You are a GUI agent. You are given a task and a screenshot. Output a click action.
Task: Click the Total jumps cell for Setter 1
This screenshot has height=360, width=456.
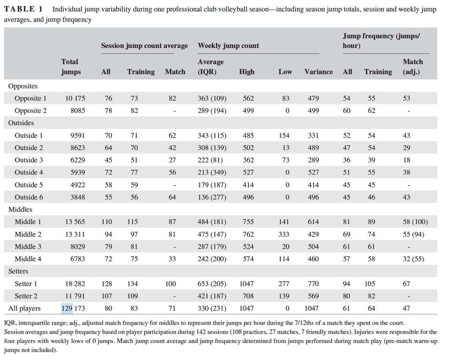pos(75,284)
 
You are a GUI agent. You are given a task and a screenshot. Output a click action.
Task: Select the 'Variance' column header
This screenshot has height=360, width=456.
pos(318,72)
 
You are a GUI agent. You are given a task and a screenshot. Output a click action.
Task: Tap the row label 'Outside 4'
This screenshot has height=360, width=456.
pos(29,172)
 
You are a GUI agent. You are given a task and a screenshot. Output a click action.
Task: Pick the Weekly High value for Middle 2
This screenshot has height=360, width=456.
pos(248,234)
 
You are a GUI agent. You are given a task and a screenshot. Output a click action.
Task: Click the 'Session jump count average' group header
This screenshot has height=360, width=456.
pos(144,46)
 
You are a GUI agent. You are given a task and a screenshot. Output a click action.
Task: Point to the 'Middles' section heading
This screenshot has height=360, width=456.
pos(21,209)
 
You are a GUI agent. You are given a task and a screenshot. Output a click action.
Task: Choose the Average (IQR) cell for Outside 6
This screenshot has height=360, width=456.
pos(212,197)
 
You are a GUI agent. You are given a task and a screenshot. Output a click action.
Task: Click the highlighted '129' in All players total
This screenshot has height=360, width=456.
pos(67,308)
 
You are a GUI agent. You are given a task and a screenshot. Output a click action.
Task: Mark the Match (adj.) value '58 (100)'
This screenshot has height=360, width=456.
pos(415,222)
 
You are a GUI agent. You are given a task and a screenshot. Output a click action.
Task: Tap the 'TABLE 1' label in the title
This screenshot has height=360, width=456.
pos(24,9)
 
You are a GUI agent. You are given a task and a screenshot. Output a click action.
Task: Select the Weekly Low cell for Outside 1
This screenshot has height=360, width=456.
pos(284,135)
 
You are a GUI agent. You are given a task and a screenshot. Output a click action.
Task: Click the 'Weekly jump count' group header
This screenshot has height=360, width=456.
pos(228,46)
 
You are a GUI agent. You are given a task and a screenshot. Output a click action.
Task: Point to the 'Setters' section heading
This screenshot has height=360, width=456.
pos(18,271)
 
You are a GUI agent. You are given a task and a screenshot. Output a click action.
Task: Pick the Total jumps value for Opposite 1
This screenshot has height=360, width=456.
pos(75,98)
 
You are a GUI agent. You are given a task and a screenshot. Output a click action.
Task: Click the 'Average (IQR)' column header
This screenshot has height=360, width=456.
pos(211,67)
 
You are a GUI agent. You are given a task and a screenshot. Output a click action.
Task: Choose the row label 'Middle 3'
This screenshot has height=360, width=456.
pos(28,247)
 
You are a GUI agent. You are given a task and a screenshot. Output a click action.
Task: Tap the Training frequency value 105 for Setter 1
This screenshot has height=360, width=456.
pos(370,284)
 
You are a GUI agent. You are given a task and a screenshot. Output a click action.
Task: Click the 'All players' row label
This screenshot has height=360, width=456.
pos(24,308)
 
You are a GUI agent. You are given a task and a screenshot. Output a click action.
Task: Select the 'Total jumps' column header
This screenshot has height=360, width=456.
pos(71,67)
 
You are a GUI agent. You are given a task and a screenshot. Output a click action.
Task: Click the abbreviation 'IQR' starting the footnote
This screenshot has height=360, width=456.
pos(9,323)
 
